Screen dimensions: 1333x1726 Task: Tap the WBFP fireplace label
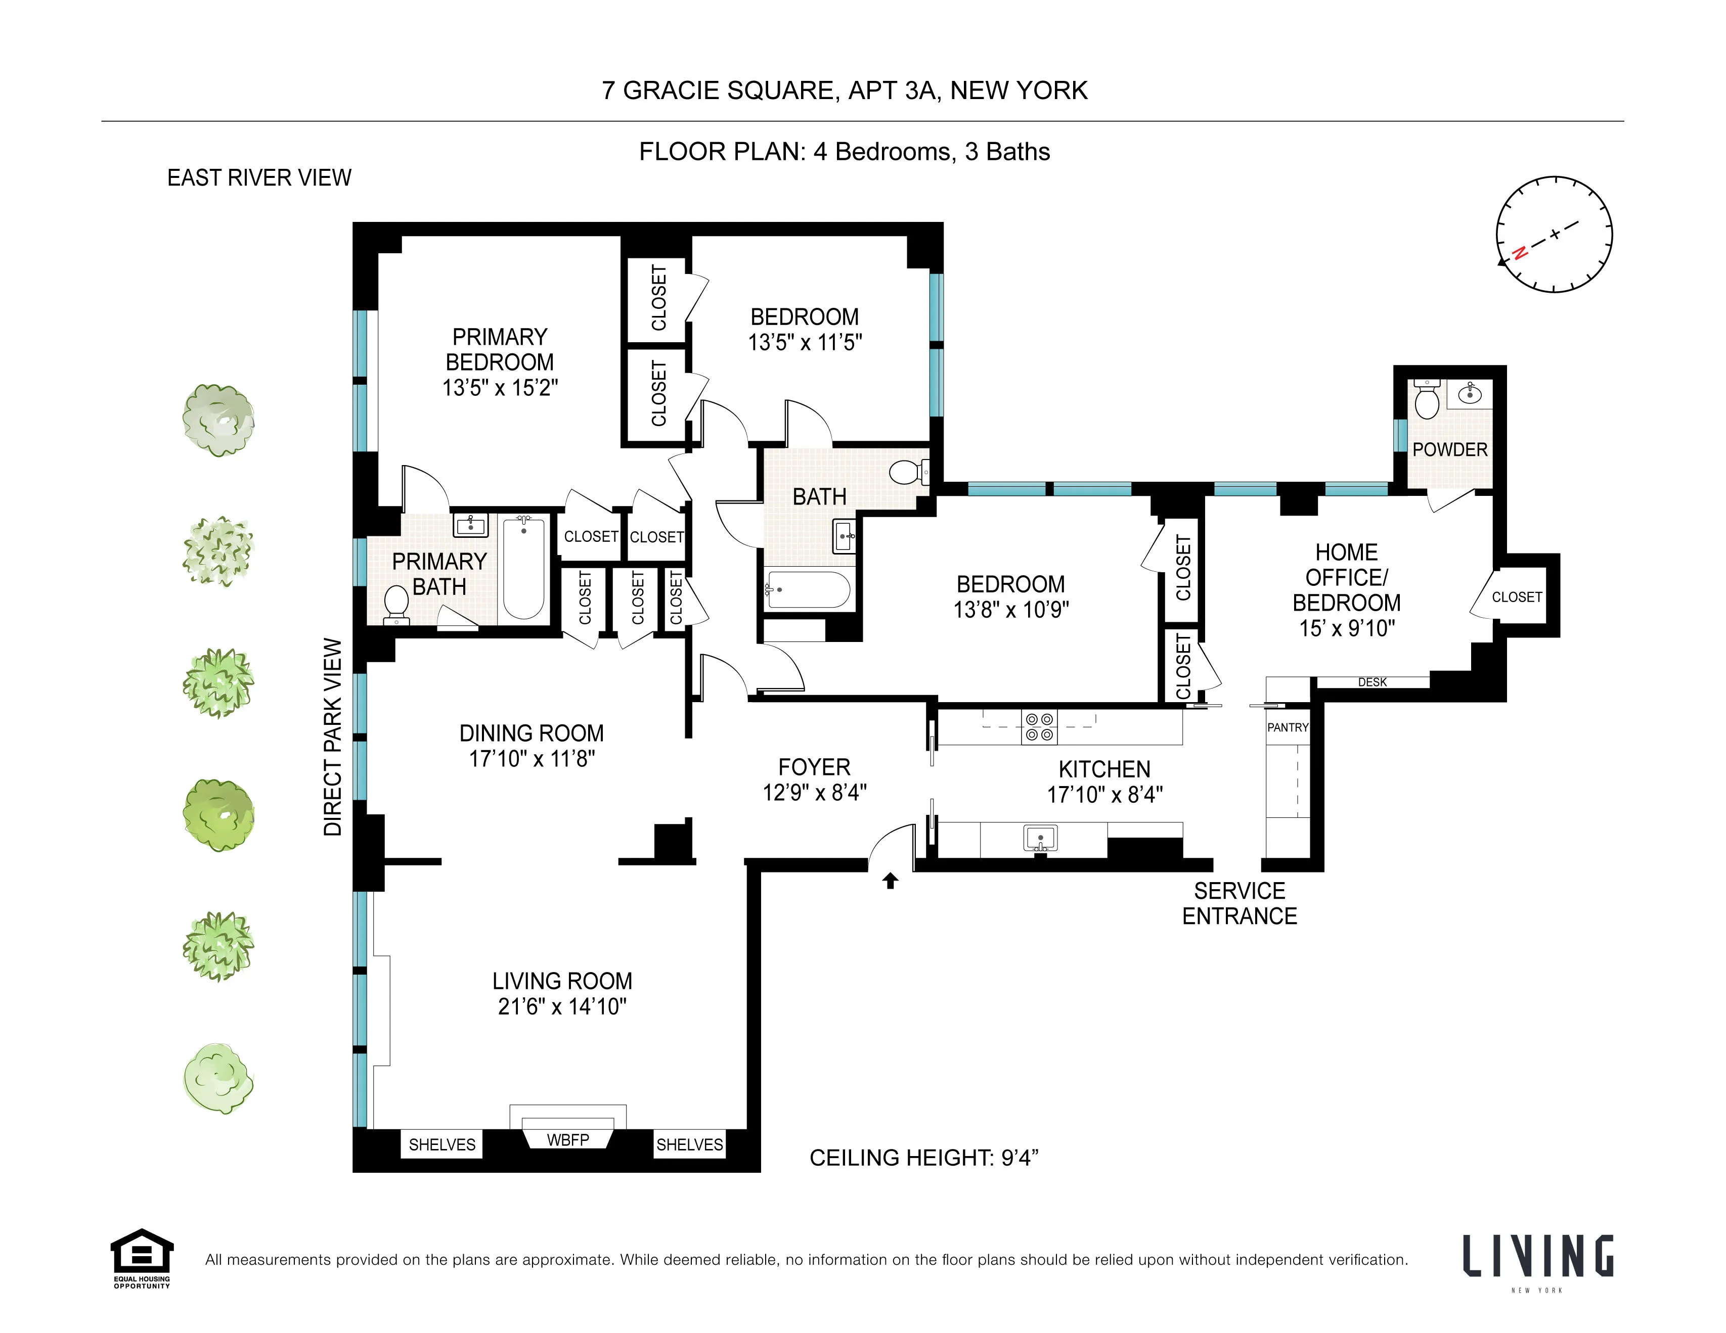[x=567, y=1139]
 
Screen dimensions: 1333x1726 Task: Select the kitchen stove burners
[x=1038, y=727]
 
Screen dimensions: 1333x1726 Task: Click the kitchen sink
[x=1040, y=838]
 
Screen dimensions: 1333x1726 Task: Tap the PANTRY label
[x=1288, y=727]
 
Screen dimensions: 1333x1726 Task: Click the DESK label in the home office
[x=1372, y=682]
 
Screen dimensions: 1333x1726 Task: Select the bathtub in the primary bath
[x=524, y=567]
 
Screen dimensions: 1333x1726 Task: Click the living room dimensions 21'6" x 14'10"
[x=562, y=1006]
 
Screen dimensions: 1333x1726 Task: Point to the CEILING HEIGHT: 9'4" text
[x=923, y=1158]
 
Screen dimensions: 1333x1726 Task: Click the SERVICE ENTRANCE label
[x=1239, y=903]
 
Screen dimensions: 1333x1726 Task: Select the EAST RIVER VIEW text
[x=259, y=178]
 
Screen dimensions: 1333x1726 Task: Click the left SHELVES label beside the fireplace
[x=442, y=1144]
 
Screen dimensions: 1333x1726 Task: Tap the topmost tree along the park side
[x=218, y=420]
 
